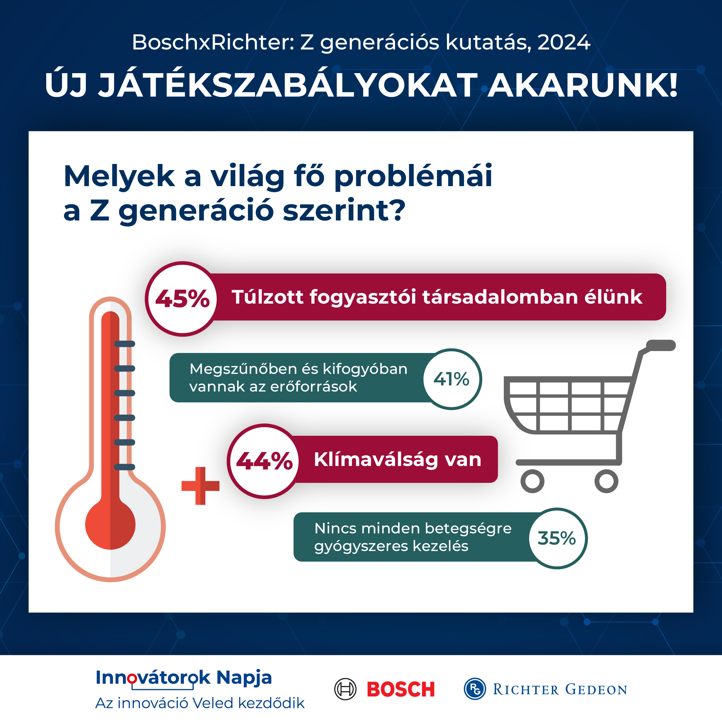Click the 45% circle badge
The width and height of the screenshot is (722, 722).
click(x=182, y=299)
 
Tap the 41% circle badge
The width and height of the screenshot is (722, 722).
click(x=451, y=379)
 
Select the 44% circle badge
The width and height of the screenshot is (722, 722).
click(x=264, y=461)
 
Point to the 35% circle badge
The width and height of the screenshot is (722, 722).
click(x=557, y=538)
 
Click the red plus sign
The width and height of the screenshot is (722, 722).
click(x=200, y=486)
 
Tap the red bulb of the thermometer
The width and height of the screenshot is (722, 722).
click(x=110, y=525)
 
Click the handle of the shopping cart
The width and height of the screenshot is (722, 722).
click(x=661, y=345)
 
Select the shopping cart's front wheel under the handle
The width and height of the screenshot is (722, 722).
click(x=606, y=481)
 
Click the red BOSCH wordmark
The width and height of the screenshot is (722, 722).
click(x=400, y=690)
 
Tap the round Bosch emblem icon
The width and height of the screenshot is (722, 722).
click(x=345, y=689)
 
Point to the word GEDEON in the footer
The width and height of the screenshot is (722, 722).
click(x=596, y=690)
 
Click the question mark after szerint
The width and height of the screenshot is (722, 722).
click(x=395, y=211)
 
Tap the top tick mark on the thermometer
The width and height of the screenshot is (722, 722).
click(x=125, y=344)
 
